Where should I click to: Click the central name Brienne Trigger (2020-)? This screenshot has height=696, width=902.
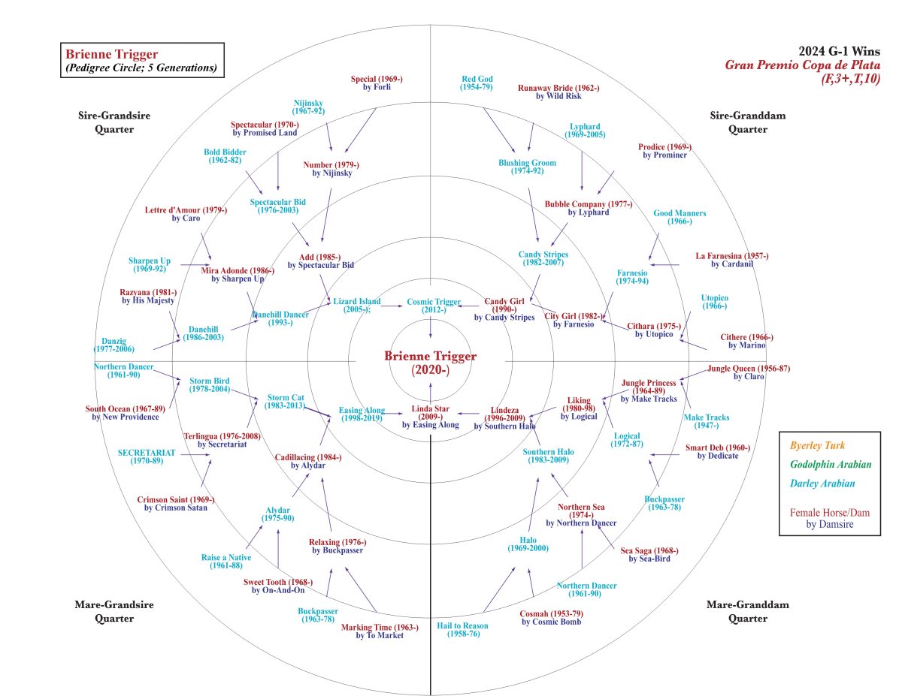coord(430,363)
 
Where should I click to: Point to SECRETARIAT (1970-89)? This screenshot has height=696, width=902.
coord(147,456)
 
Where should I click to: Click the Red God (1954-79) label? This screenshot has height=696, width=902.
coord(477,83)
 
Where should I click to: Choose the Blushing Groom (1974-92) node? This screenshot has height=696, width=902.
coord(527,167)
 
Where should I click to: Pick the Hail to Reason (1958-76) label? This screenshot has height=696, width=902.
coord(462,629)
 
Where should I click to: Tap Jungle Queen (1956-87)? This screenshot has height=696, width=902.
coord(748,372)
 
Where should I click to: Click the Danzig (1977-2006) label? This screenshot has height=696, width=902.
coord(114,345)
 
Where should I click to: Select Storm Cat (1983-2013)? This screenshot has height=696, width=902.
coord(285,401)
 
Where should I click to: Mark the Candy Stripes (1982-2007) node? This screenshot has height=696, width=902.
coord(543,259)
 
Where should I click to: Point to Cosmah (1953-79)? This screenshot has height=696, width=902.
coord(551,617)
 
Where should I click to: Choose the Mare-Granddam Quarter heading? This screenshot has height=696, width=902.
coord(737,611)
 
